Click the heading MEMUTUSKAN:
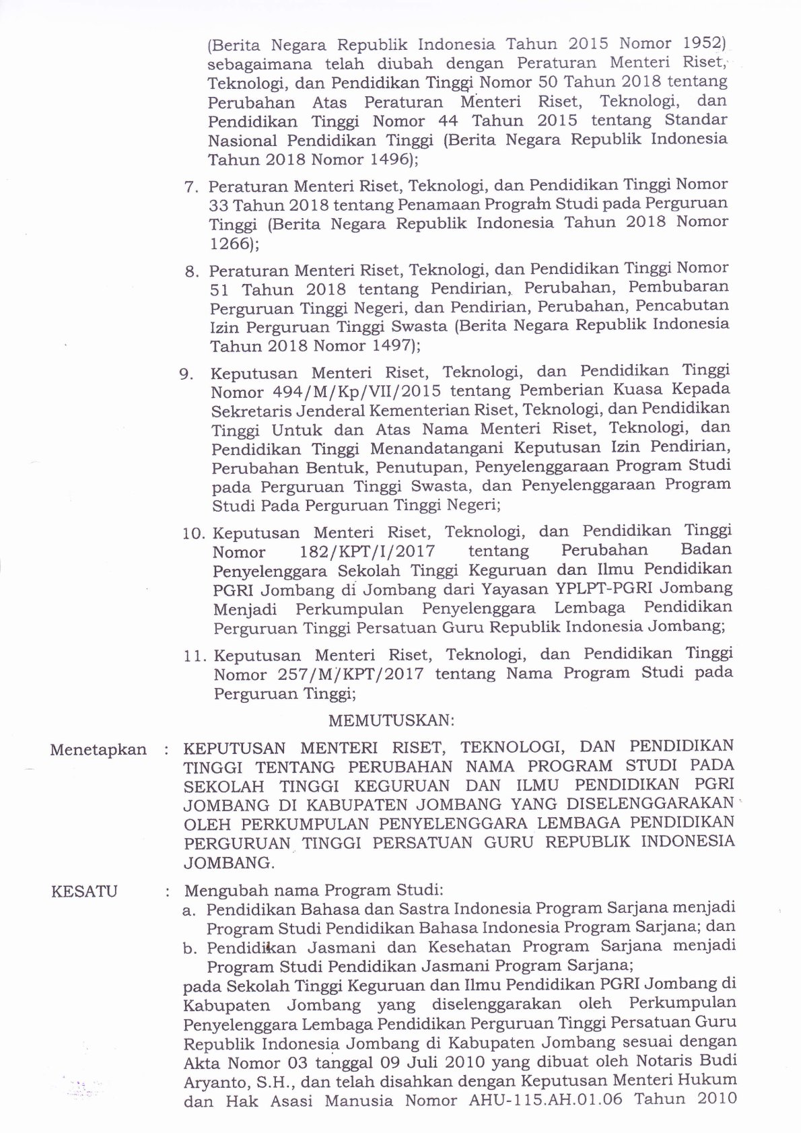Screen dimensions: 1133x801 (391, 720)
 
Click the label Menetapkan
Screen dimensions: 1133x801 (98, 750)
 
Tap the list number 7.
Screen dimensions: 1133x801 (192, 186)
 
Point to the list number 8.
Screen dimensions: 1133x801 (193, 272)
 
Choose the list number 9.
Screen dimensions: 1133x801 (187, 374)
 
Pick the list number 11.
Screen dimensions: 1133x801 (195, 655)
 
